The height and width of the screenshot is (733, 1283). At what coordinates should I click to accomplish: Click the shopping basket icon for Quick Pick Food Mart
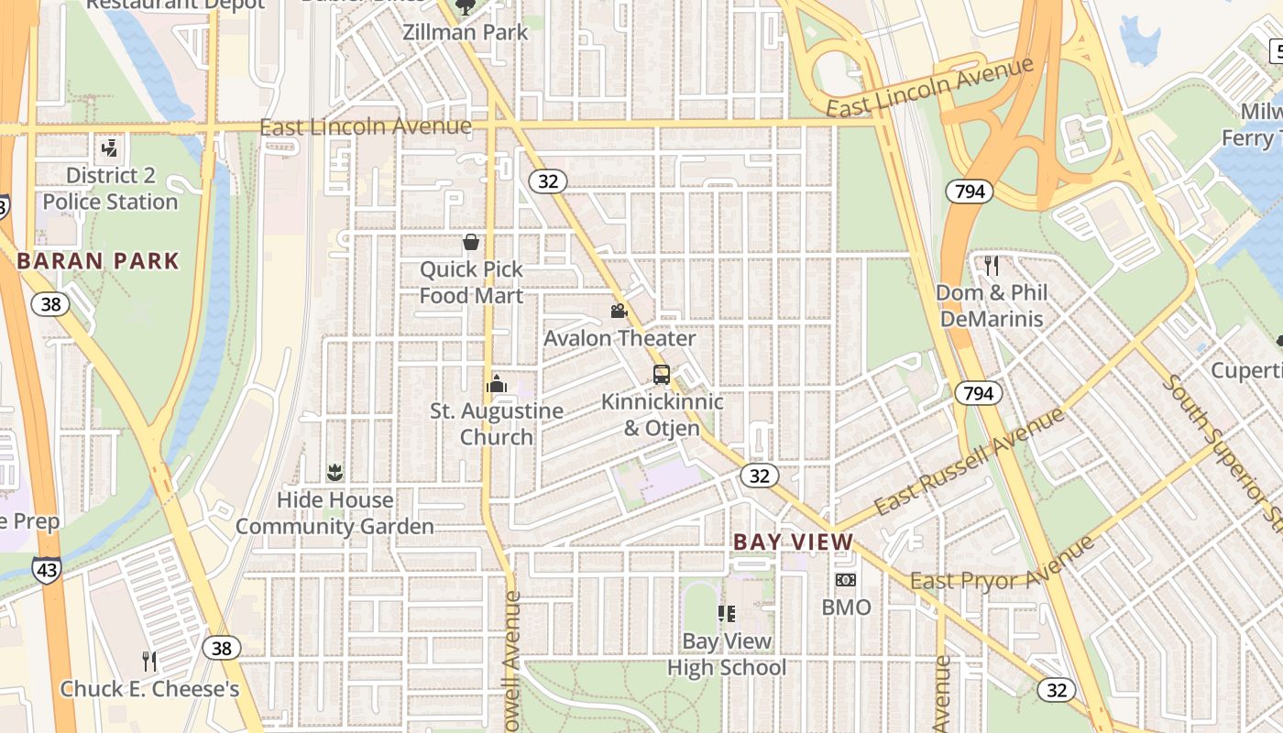(x=471, y=242)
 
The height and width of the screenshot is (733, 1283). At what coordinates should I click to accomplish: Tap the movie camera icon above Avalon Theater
(x=620, y=311)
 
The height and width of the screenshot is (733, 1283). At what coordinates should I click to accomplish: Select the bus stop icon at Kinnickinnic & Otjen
(x=662, y=374)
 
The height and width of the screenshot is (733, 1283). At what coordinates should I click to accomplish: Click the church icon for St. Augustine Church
(x=497, y=383)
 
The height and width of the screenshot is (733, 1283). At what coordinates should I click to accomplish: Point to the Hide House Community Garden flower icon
(x=334, y=473)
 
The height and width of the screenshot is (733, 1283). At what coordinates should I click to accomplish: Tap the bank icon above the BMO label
(x=846, y=580)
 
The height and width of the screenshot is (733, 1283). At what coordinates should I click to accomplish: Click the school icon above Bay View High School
(x=727, y=614)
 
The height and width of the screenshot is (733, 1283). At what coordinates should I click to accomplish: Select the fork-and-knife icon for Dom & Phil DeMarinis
(x=991, y=266)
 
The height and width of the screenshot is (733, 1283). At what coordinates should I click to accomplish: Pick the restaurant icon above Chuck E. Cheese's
(x=149, y=661)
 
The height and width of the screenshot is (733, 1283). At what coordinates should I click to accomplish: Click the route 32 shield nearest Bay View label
(x=759, y=476)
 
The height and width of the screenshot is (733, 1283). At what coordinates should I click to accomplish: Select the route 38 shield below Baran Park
(x=50, y=304)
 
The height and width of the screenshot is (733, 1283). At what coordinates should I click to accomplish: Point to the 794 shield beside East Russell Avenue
(x=978, y=394)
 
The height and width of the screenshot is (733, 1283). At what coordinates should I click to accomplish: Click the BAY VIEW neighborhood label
(x=793, y=542)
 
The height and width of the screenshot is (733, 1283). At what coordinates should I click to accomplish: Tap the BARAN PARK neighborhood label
(x=98, y=261)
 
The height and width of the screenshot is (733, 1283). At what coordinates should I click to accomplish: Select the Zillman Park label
(x=466, y=32)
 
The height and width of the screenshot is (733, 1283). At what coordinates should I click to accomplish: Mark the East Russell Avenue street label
(x=969, y=460)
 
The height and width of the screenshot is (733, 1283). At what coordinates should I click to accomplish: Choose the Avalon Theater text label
(x=620, y=338)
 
